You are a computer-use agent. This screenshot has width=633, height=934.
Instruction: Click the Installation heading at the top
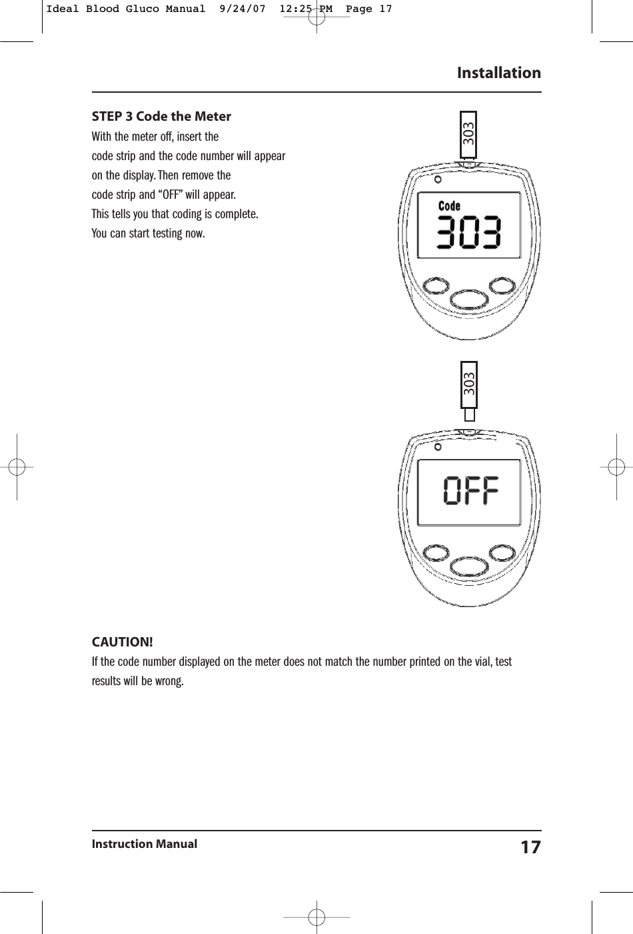498,73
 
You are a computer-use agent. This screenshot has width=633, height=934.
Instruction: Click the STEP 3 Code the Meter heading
161,117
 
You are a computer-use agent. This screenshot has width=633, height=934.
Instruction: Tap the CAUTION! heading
122,642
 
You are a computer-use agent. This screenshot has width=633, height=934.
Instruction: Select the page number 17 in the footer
530,847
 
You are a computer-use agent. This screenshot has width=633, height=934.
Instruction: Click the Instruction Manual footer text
145,844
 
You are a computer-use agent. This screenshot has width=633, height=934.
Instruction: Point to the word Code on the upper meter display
449,207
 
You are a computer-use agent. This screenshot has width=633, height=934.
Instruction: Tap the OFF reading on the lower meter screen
471,492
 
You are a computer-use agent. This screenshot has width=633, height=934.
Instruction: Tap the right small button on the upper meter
502,285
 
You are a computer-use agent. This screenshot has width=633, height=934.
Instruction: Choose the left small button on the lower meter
436,554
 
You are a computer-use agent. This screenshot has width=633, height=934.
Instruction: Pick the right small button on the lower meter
502,553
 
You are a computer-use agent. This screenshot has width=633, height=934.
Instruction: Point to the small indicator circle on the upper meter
438,180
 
